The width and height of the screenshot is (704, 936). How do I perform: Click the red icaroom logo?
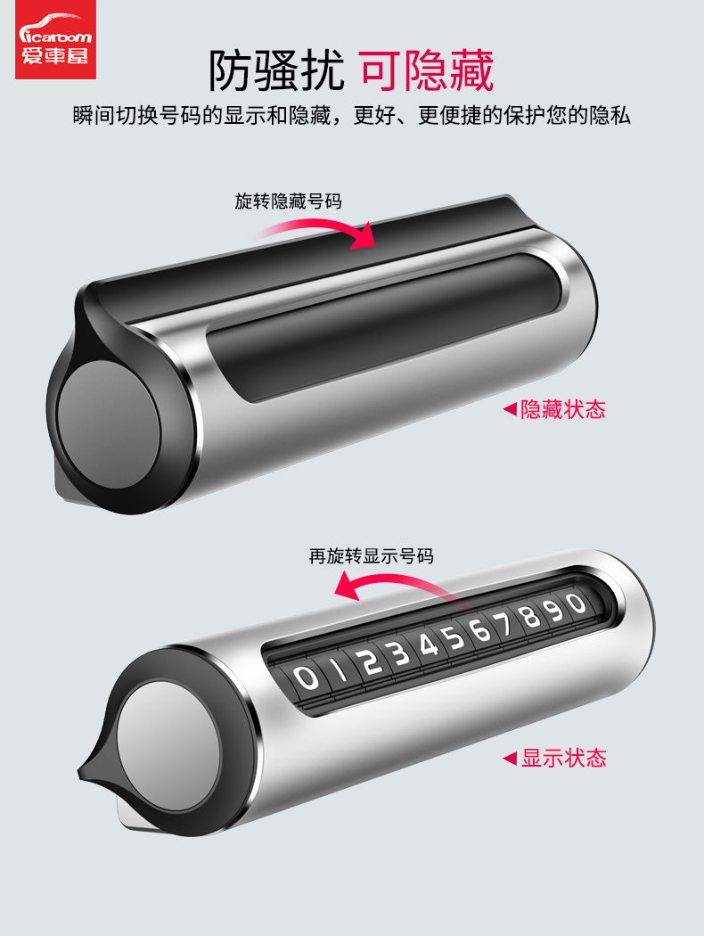tap(55, 39)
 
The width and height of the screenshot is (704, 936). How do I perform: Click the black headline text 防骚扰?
tap(276, 70)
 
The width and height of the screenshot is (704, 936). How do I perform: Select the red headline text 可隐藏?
tap(427, 70)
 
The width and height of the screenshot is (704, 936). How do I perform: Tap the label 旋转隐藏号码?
tap(288, 201)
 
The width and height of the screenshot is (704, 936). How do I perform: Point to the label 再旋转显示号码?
tap(371, 556)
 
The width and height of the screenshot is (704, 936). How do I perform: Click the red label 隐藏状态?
tap(562, 409)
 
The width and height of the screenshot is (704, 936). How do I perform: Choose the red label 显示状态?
tap(564, 758)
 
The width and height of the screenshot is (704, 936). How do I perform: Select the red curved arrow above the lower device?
tap(394, 582)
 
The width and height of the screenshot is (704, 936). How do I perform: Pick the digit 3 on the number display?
tap(399, 653)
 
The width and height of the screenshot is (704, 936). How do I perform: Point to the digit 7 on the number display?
tap(504, 624)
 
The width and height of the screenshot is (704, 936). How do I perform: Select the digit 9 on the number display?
tap(554, 610)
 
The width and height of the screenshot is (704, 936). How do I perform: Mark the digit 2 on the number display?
tap(371, 661)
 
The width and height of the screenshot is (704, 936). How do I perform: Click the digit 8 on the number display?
tap(530, 617)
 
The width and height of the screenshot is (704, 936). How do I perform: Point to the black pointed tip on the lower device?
tap(89, 771)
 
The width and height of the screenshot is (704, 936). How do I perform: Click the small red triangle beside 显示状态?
tap(510, 758)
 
